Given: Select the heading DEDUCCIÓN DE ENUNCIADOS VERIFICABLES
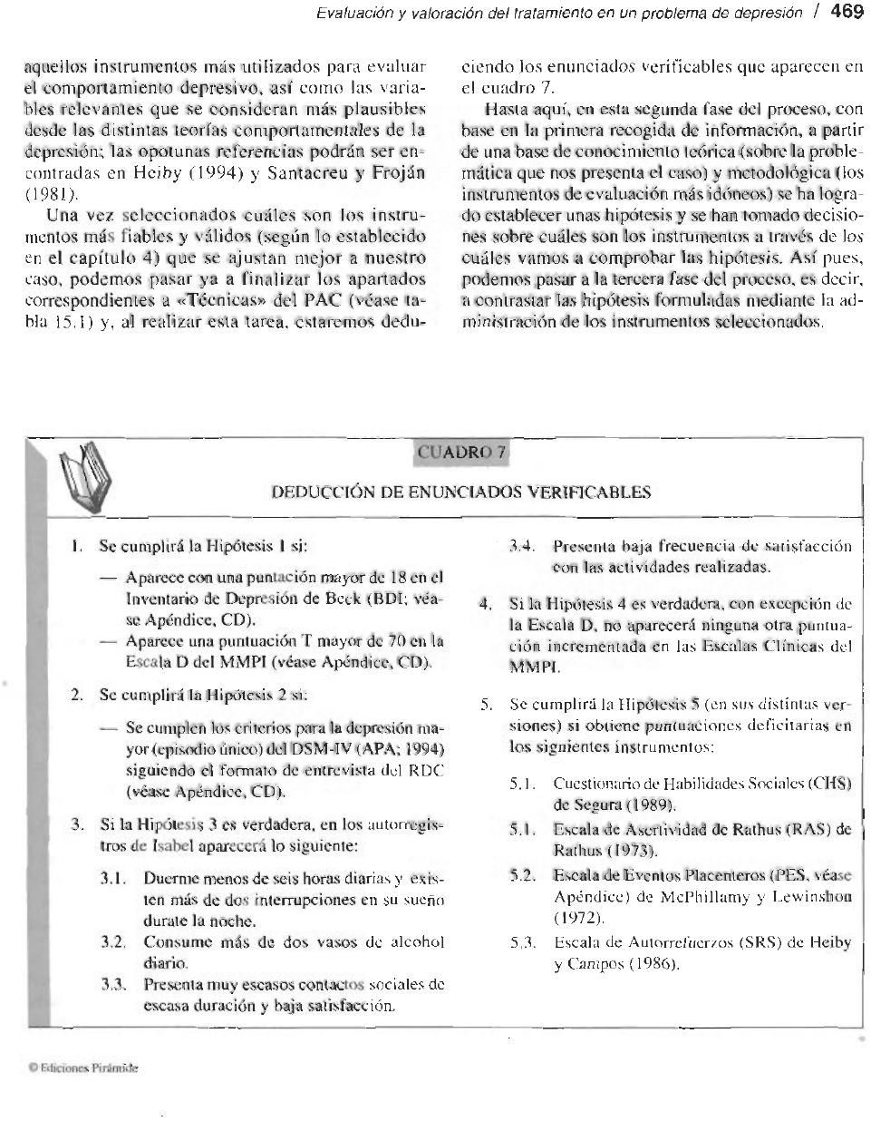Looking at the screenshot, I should [461, 492].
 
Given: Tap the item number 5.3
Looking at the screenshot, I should [522, 943].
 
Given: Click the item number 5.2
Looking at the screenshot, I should [522, 875].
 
